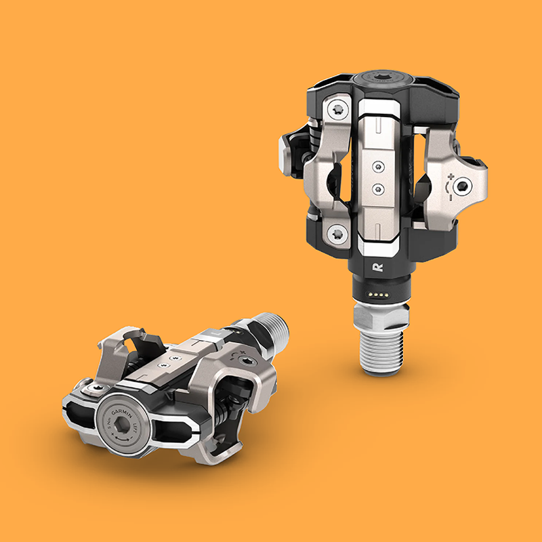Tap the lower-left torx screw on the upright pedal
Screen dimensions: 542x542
click(x=337, y=235)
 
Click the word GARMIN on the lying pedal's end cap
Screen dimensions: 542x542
click(x=123, y=410)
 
